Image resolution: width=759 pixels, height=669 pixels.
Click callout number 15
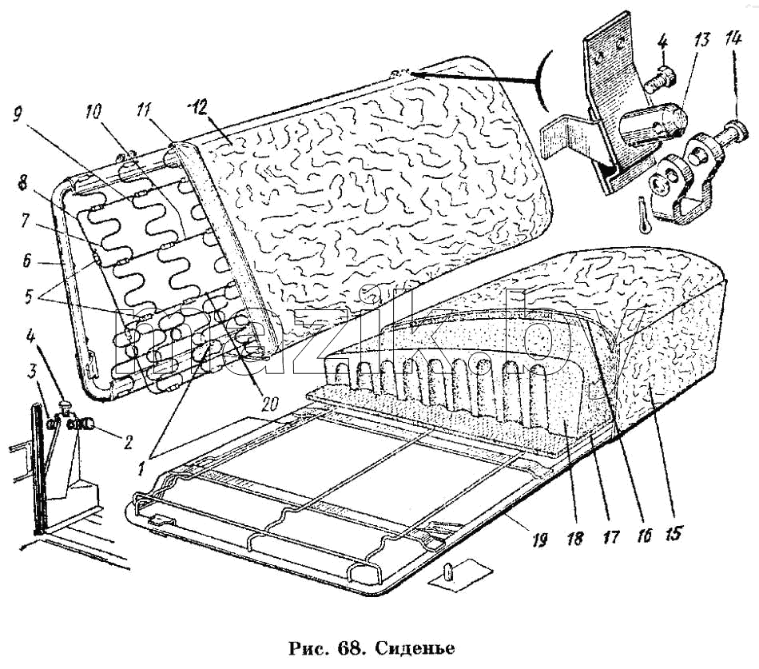point(674,533)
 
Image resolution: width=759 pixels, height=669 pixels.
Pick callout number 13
point(701,39)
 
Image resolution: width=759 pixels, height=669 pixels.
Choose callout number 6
point(26,262)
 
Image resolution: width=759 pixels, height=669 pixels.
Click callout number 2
point(127,443)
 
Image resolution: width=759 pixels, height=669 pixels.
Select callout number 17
point(610,537)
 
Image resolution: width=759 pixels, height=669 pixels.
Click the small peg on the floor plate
point(447,571)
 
